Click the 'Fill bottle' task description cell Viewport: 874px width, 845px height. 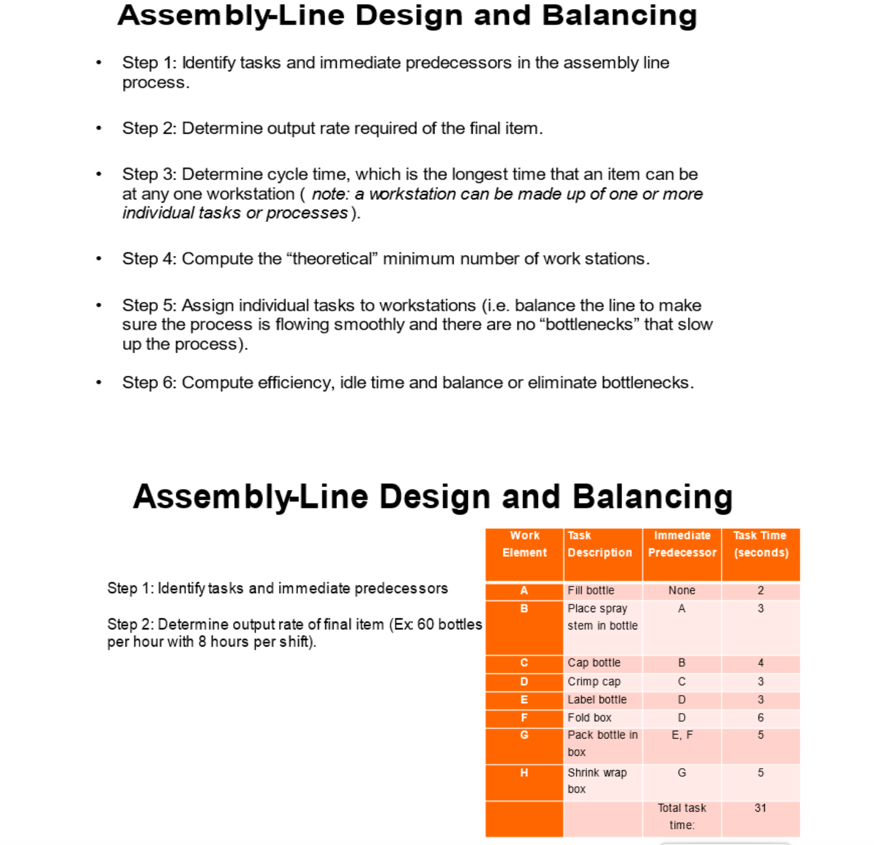point(591,590)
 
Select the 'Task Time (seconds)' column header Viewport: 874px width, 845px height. point(760,544)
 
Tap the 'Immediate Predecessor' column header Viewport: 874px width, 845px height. point(682,544)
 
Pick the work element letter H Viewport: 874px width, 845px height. point(524,773)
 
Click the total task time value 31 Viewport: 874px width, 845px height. point(760,808)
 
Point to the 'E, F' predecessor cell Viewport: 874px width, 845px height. point(682,735)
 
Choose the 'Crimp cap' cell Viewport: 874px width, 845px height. point(594,682)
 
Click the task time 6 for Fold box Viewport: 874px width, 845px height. point(760,717)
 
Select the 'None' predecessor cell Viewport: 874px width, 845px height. point(682,590)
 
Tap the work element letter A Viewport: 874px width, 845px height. point(524,590)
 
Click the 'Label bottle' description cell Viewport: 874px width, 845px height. point(597,699)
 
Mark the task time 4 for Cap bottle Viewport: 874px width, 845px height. point(760,663)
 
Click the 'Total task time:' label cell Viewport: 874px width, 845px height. point(682,816)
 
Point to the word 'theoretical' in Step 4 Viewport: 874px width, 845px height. point(331,259)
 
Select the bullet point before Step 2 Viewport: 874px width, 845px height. point(98,128)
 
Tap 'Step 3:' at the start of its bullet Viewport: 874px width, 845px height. point(149,174)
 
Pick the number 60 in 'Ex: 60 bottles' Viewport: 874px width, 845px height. point(425,625)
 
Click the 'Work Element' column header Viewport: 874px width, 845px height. point(524,544)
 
